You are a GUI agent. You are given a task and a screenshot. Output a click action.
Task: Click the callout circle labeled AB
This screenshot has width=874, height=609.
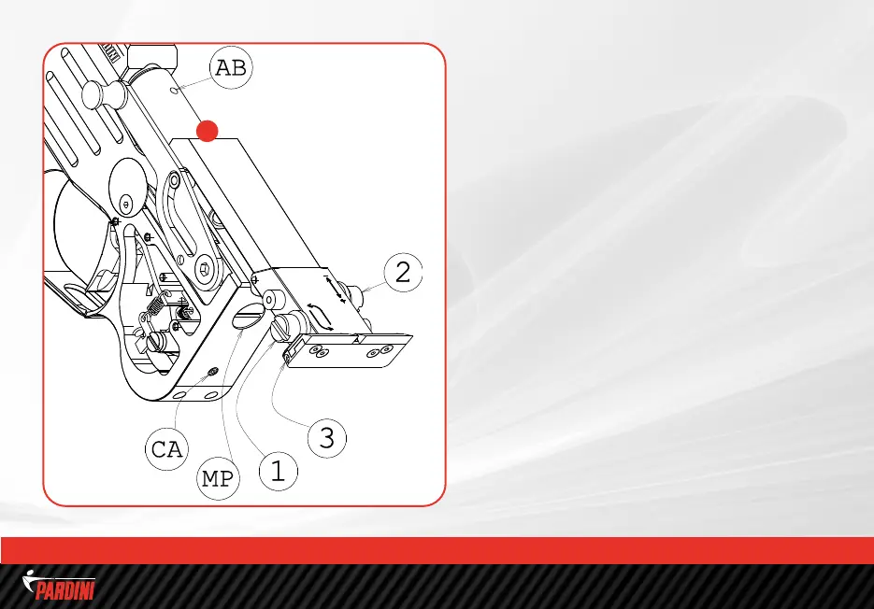pyautogui.click(x=231, y=68)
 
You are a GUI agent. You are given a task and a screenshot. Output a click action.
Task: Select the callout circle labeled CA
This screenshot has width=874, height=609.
pyautogui.click(x=166, y=449)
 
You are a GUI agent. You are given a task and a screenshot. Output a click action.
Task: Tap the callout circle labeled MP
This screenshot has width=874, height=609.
pyautogui.click(x=218, y=478)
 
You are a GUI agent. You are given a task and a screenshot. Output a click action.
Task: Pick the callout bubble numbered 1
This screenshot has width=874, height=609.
pyautogui.click(x=279, y=472)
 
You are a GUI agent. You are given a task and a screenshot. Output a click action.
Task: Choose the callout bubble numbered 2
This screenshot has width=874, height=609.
pyautogui.click(x=403, y=272)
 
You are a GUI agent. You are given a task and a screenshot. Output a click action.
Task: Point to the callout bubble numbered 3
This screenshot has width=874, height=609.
pyautogui.click(x=327, y=438)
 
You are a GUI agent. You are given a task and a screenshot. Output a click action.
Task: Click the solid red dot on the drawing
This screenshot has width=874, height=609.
pyautogui.click(x=208, y=131)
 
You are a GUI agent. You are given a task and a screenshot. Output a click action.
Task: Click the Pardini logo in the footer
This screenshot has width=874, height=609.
pyautogui.click(x=59, y=585)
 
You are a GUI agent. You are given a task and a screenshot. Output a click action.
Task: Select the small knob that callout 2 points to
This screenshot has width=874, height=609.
pyautogui.click(x=354, y=293)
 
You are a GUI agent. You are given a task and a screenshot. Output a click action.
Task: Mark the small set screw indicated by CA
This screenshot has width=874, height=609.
pyautogui.click(x=212, y=372)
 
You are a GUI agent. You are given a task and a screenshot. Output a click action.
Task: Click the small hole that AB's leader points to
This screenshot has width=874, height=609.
pyautogui.click(x=175, y=89)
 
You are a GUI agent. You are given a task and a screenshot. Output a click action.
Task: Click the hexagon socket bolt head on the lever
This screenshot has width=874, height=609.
pyautogui.click(x=206, y=269)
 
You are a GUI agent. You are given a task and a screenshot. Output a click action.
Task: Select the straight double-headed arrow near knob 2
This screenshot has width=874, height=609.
pyautogui.click(x=335, y=288)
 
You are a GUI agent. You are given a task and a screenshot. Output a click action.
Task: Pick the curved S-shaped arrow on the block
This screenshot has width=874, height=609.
pyautogui.click(x=321, y=317)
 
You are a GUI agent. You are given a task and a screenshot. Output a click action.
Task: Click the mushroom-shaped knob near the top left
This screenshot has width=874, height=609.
pyautogui.click(x=104, y=94)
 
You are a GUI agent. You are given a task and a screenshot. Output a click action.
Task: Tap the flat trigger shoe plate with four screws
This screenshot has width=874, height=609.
pyautogui.click(x=349, y=351)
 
